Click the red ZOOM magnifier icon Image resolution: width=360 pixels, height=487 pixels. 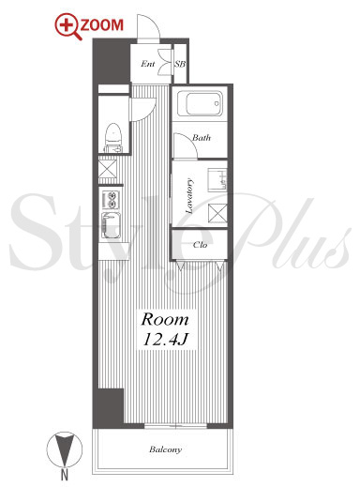67,26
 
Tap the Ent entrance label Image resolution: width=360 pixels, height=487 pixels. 147,64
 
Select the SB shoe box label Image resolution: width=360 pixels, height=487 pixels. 180,64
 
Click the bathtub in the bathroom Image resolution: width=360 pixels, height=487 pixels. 200,104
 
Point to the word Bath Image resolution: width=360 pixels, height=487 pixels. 202,138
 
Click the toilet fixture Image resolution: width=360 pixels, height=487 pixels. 112,138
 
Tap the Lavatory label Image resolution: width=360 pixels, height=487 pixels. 189,196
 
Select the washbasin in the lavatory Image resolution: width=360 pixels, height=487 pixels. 217,180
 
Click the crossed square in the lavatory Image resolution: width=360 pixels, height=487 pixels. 217,213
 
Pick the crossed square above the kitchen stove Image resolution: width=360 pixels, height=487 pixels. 108,169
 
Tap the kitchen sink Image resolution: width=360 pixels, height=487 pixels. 111,225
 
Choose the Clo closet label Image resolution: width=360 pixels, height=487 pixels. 200,245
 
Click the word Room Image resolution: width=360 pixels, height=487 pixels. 165,320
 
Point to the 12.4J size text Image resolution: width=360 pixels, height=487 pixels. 165,339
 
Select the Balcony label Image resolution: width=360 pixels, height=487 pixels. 165,449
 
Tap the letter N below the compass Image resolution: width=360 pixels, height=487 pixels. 65,476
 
